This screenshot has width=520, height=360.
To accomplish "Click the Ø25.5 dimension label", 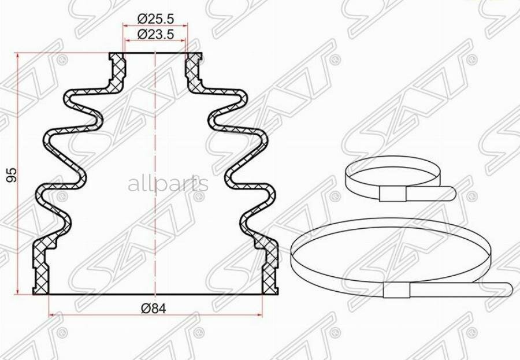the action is click(x=155, y=19).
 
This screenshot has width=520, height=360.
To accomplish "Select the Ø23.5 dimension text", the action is click(x=155, y=34).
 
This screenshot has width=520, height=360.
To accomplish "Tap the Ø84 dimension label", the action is click(x=153, y=309).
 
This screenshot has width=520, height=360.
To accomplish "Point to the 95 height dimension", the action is click(x=12, y=175).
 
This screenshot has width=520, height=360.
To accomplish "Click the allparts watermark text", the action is click(x=168, y=184).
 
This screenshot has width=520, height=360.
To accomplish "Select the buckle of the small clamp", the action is click(x=393, y=194).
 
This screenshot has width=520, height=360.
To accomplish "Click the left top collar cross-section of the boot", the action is click(x=118, y=70).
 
